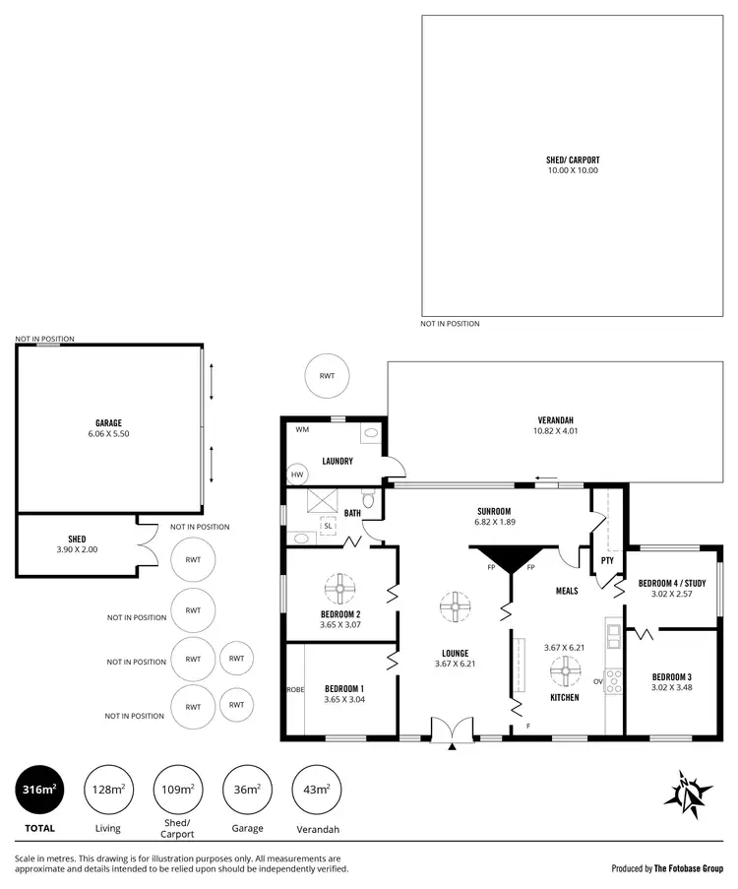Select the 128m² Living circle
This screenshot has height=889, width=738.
pyautogui.click(x=108, y=790)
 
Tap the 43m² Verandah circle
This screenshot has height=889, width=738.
pyautogui.click(x=317, y=790)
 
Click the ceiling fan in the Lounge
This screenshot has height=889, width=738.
pyautogui.click(x=455, y=606)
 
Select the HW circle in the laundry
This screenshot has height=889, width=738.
pyautogui.click(x=297, y=475)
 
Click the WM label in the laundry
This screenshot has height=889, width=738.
pyautogui.click(x=302, y=430)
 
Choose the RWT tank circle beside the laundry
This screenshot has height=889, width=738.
pyautogui.click(x=327, y=376)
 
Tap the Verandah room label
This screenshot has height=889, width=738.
pyautogui.click(x=555, y=420)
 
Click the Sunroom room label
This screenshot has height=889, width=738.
pyautogui.click(x=493, y=511)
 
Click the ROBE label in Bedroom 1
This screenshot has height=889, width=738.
pyautogui.click(x=294, y=689)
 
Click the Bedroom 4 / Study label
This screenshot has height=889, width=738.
pyautogui.click(x=673, y=584)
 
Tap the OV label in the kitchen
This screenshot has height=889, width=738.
pyautogui.click(x=598, y=680)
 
